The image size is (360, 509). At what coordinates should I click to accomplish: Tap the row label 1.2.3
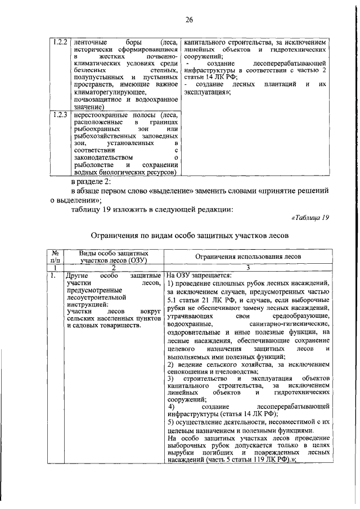point(60,115)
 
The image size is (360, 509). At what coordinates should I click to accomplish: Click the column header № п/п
point(56,256)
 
